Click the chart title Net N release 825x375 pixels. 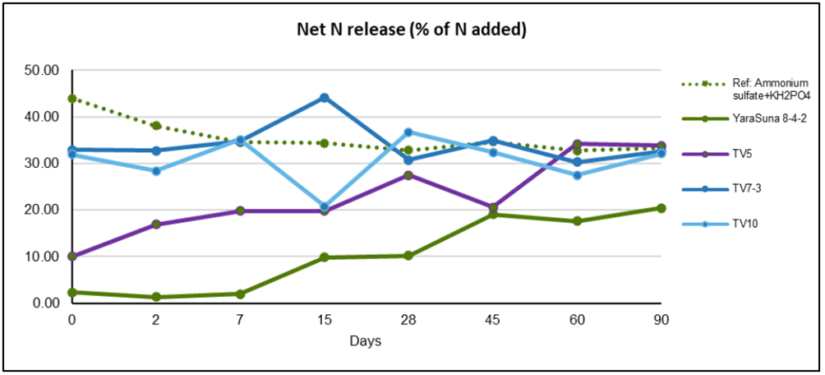411,30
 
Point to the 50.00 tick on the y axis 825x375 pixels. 43,71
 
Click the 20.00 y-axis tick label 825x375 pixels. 43,210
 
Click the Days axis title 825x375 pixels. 366,339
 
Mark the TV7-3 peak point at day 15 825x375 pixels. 325,98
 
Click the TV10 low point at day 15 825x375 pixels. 325,207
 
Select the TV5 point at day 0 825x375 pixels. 72,257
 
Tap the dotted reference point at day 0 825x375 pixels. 72,99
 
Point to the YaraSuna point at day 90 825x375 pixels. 661,208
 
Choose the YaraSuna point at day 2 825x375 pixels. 156,297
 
